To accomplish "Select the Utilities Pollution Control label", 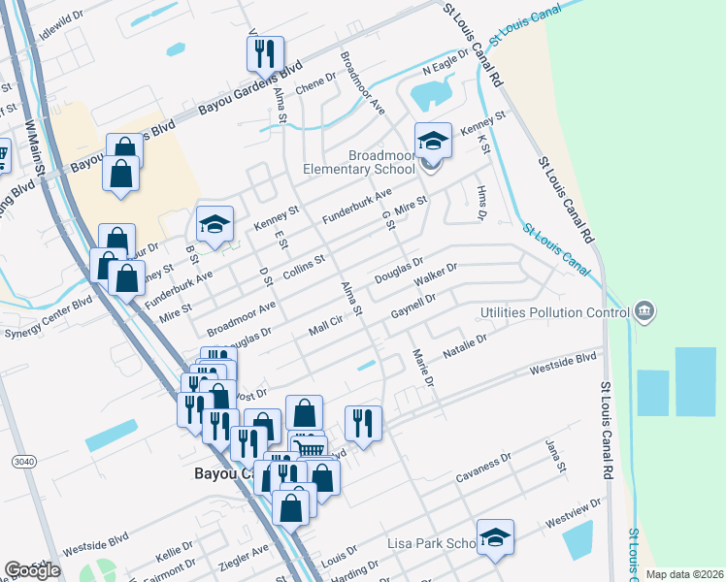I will click(x=556, y=312).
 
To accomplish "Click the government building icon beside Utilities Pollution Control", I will click(x=644, y=311).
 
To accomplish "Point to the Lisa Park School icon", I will click(x=495, y=537).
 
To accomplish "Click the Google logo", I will click(x=32, y=571).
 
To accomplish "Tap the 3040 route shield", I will click(x=22, y=462).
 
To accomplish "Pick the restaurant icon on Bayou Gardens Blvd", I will click(x=265, y=54).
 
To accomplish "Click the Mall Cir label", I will click(x=325, y=326).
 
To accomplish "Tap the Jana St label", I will click(x=554, y=450).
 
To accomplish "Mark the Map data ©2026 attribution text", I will click(x=685, y=574).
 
